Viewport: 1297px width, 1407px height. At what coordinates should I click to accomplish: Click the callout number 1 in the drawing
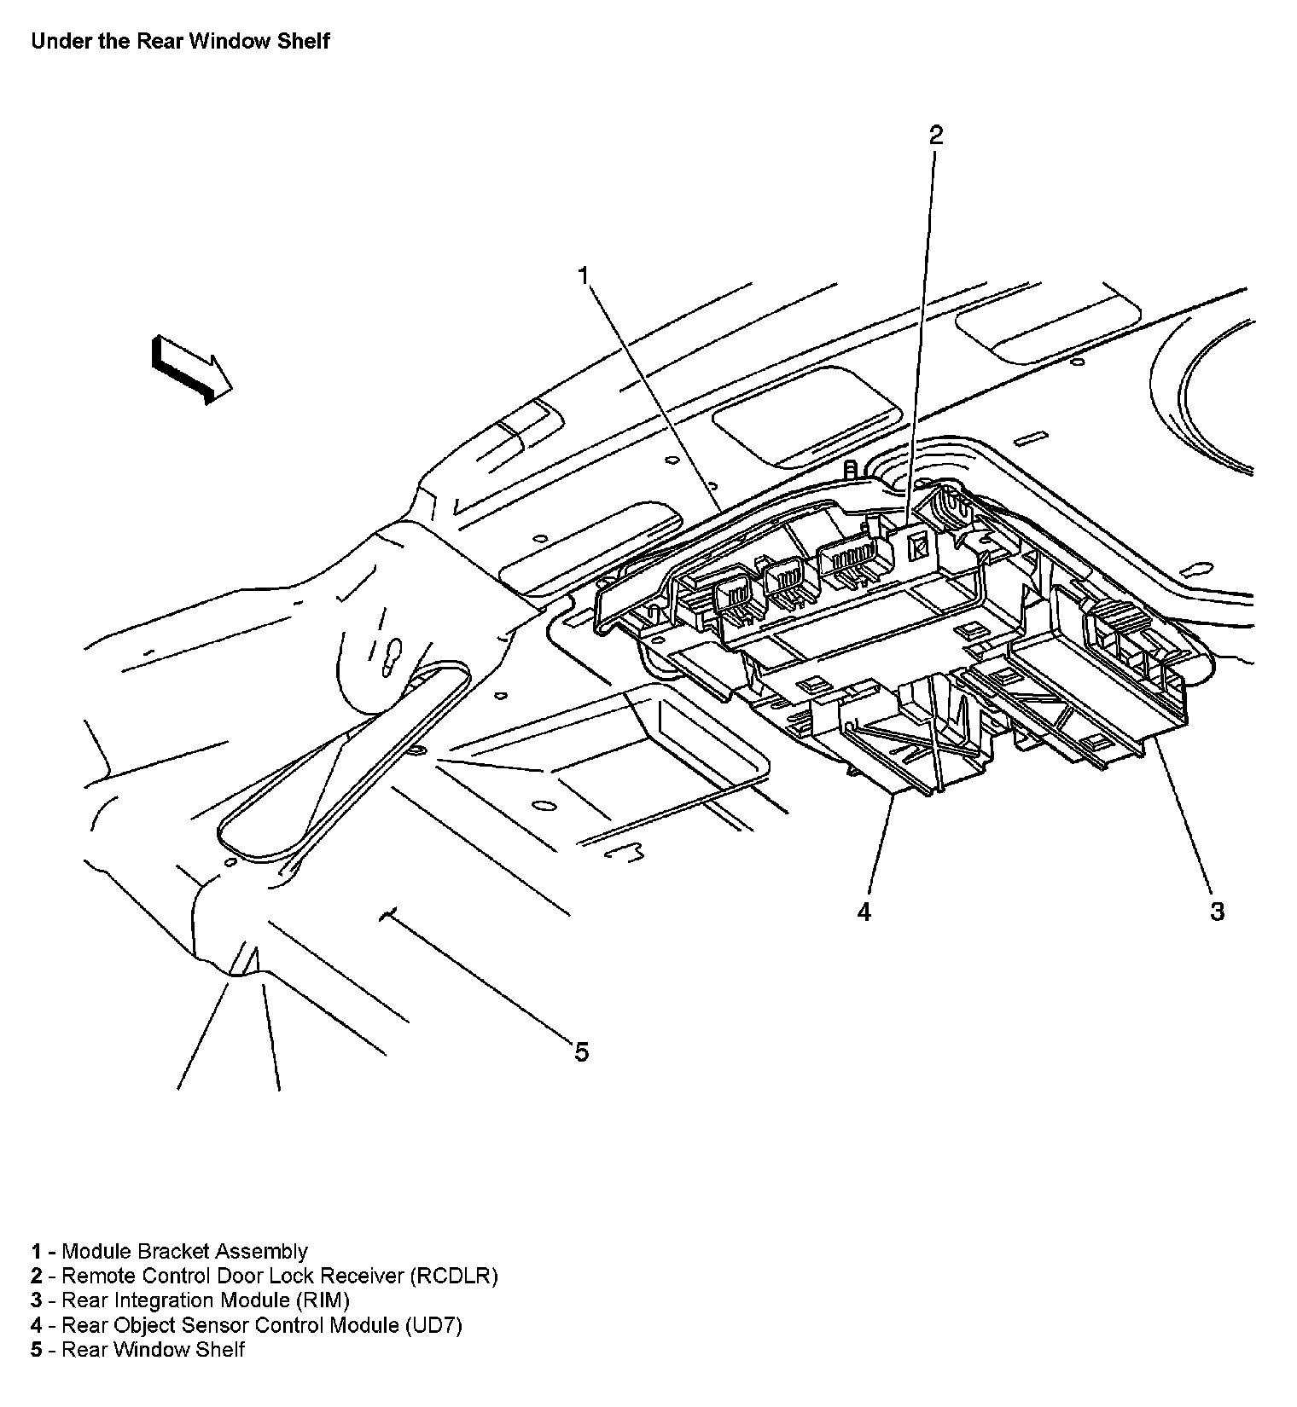click(584, 276)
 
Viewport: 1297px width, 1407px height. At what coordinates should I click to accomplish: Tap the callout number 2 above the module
click(936, 135)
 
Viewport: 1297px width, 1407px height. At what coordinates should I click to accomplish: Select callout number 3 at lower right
click(1217, 911)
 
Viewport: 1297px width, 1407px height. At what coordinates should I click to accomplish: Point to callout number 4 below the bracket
click(864, 912)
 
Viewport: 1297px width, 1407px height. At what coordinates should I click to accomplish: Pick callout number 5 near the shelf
click(581, 1052)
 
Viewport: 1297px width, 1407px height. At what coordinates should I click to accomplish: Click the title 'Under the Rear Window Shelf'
click(180, 41)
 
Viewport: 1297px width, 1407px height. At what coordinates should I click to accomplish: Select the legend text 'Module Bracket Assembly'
click(184, 1252)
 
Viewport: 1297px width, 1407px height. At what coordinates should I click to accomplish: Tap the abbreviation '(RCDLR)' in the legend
click(453, 1277)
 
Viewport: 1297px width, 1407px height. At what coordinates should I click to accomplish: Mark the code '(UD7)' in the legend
click(433, 1325)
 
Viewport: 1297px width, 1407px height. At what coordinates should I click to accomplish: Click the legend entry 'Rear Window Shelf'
click(154, 1349)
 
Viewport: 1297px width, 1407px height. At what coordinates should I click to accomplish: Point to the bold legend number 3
click(37, 1300)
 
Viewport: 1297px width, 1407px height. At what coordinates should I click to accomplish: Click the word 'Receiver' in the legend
click(363, 1277)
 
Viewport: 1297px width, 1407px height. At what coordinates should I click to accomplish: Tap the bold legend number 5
click(37, 1349)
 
